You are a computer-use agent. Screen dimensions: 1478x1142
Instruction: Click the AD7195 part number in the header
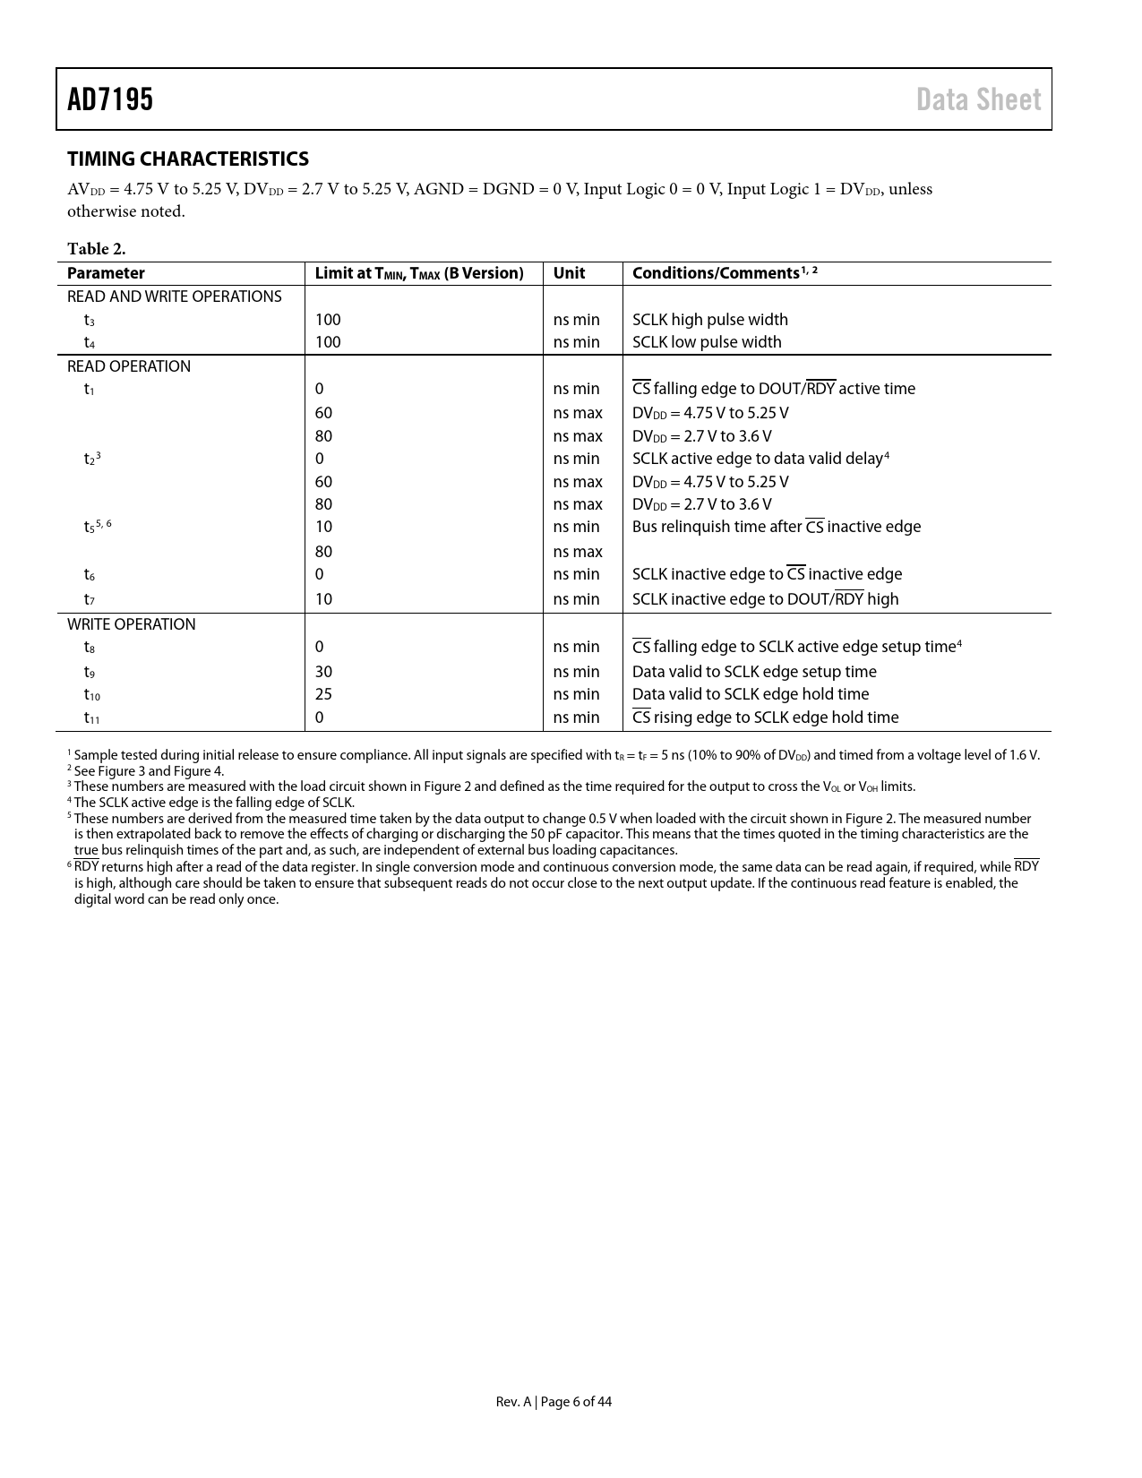(x=110, y=99)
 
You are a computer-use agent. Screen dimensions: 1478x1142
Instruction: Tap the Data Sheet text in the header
(x=978, y=99)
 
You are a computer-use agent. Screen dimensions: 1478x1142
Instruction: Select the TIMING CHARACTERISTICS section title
(x=188, y=159)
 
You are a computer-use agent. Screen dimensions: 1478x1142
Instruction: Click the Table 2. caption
(x=96, y=249)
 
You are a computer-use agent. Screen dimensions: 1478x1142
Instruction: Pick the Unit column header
(x=569, y=273)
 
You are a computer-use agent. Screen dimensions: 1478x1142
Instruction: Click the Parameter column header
(x=106, y=273)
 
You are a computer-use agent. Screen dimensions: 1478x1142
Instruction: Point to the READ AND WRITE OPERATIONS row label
(x=174, y=296)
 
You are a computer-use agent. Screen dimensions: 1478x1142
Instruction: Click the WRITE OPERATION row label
(x=131, y=624)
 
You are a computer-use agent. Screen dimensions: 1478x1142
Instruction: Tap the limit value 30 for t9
(x=323, y=672)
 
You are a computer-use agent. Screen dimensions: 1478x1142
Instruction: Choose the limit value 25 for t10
(x=323, y=694)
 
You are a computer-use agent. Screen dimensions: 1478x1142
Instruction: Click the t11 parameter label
(x=92, y=718)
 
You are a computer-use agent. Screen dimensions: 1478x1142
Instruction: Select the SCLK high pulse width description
(x=709, y=320)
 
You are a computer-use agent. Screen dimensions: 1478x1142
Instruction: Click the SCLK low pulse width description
(x=706, y=342)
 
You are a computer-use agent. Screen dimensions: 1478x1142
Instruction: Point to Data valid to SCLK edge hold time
(x=750, y=694)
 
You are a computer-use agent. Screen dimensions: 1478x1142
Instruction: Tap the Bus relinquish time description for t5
(x=776, y=527)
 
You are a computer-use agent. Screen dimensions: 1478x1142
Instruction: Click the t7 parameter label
(x=90, y=599)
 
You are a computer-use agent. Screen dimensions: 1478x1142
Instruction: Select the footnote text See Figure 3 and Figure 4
(x=148, y=771)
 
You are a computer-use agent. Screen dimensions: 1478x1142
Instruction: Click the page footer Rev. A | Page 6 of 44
(x=554, y=1402)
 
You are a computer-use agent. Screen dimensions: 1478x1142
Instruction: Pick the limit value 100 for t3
(x=328, y=320)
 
